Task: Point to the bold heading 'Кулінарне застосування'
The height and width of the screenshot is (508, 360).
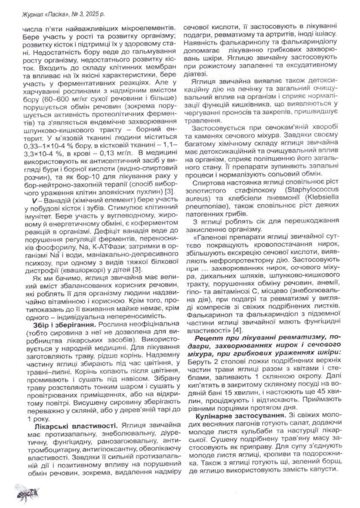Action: pos(236,416)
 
